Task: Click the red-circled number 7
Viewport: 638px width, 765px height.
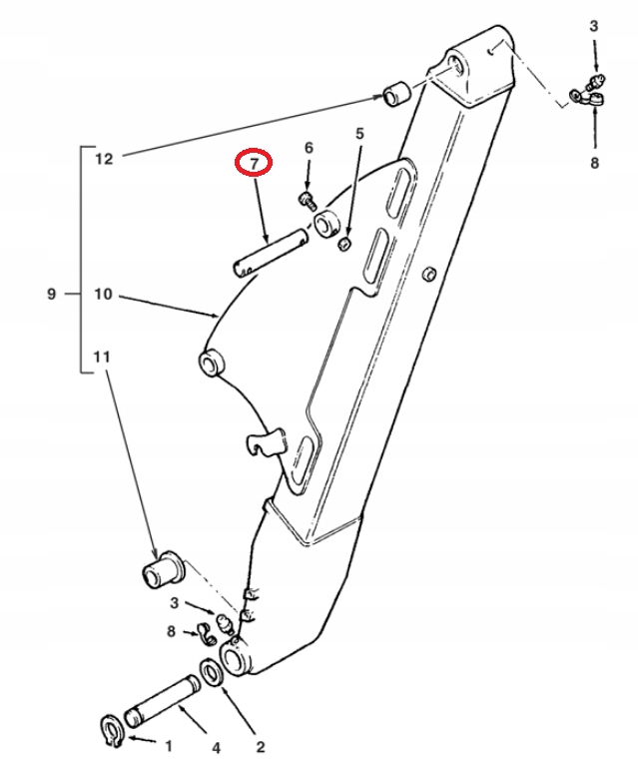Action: [x=253, y=163]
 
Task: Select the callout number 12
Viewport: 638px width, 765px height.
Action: [x=105, y=158]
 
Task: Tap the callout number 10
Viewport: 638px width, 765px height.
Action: [x=105, y=295]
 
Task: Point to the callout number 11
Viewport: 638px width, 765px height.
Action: [x=104, y=357]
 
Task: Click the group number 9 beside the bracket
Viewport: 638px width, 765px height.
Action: [x=52, y=295]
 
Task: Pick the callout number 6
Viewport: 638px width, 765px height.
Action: [x=309, y=148]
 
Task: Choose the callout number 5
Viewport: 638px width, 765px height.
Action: [x=360, y=133]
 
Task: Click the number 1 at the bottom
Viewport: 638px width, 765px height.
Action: [x=168, y=745]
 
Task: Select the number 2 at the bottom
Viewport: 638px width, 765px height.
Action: [x=261, y=745]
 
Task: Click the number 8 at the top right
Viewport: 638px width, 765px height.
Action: [x=594, y=161]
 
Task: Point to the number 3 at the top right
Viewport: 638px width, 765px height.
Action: [x=594, y=27]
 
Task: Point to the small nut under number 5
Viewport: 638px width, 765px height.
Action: [x=345, y=245]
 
